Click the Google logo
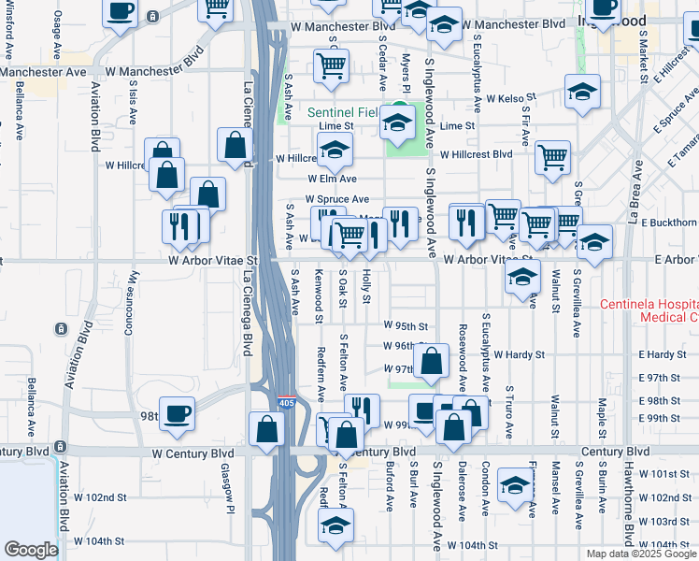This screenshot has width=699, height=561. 31,550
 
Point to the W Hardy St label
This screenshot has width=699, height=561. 520,355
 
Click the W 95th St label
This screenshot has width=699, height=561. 406,326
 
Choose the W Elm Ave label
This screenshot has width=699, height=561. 333,179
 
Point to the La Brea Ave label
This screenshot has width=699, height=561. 635,195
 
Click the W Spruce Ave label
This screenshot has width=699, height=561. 336,199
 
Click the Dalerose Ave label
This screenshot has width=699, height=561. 462,489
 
